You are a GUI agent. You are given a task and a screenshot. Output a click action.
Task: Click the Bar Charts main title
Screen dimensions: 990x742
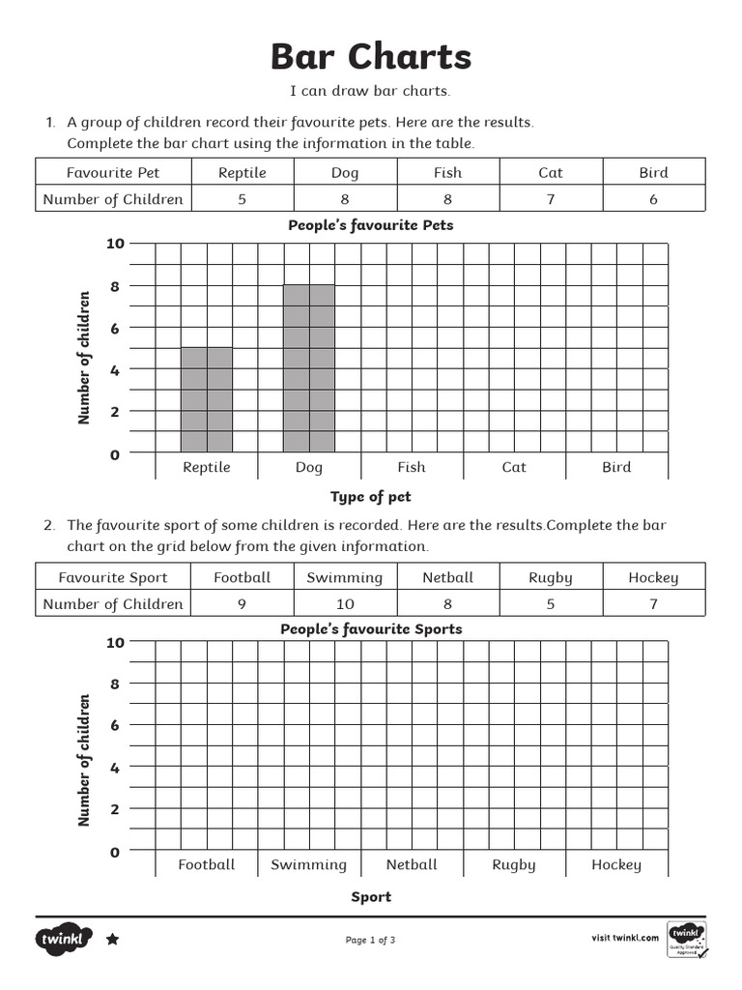(x=371, y=57)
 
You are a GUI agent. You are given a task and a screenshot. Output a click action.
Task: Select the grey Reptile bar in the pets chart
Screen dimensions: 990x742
(x=207, y=399)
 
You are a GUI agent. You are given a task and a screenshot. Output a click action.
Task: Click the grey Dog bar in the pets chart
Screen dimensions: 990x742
(x=309, y=368)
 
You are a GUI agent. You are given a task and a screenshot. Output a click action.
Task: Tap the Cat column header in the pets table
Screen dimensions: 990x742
(x=551, y=173)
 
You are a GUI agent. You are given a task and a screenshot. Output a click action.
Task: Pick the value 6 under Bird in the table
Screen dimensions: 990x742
(x=653, y=199)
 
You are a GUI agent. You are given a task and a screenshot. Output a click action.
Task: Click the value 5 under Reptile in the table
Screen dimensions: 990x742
(x=242, y=199)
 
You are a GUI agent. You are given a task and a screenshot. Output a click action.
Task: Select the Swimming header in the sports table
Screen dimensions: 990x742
(x=345, y=577)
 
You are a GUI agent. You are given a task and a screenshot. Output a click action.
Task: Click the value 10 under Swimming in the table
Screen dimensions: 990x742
(x=345, y=604)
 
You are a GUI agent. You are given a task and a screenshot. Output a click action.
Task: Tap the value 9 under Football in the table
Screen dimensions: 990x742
(x=242, y=604)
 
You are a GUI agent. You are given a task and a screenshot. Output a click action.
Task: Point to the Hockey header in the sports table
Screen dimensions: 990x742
(x=653, y=577)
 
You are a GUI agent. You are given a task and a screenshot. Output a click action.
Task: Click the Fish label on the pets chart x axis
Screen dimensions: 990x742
(x=412, y=467)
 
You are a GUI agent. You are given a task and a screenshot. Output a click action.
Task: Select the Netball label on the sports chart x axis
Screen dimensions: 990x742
(x=412, y=864)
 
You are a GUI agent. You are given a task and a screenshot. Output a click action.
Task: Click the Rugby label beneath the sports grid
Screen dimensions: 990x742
(x=514, y=864)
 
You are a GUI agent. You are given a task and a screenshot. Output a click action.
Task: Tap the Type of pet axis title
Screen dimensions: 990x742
(x=371, y=497)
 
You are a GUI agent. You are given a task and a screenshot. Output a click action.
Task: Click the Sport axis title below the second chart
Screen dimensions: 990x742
(x=371, y=897)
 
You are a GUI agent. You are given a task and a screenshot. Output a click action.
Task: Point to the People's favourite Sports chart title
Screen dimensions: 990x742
(x=371, y=629)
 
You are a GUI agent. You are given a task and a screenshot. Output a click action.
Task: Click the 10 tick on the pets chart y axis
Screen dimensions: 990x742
(x=115, y=244)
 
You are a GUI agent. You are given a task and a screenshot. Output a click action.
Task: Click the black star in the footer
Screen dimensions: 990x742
(x=112, y=939)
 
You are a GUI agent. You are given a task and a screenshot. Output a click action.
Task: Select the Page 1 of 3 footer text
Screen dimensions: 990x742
(x=371, y=940)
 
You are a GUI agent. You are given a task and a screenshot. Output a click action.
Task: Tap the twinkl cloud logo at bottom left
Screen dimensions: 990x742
(x=64, y=939)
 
